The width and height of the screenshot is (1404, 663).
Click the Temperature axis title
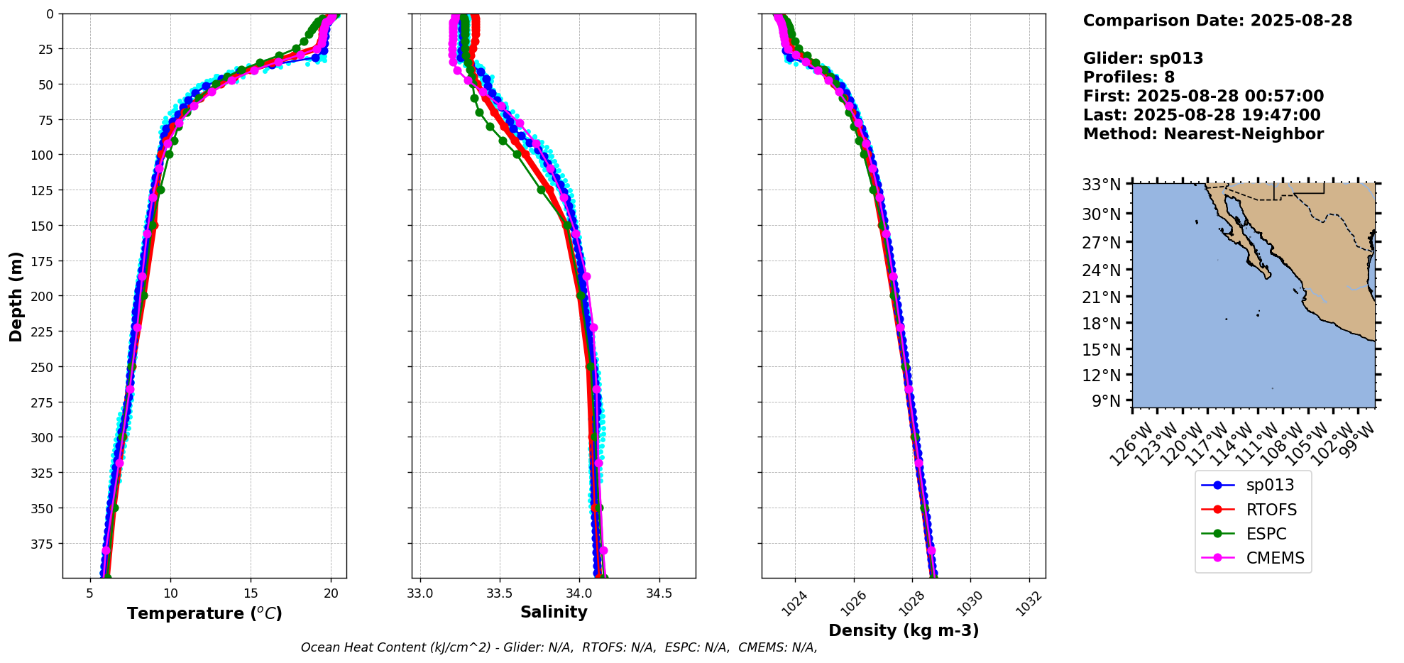tap(204, 613)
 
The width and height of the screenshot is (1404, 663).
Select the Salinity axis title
tap(554, 613)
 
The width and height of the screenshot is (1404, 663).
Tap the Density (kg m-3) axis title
tap(904, 630)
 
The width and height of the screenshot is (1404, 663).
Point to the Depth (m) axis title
tap(16, 296)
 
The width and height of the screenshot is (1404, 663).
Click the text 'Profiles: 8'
tap(1129, 77)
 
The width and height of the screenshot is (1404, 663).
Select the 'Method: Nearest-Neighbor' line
tap(1203, 134)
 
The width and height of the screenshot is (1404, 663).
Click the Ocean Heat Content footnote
tap(559, 647)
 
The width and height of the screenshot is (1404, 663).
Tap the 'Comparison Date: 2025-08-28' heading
tap(1217, 21)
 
